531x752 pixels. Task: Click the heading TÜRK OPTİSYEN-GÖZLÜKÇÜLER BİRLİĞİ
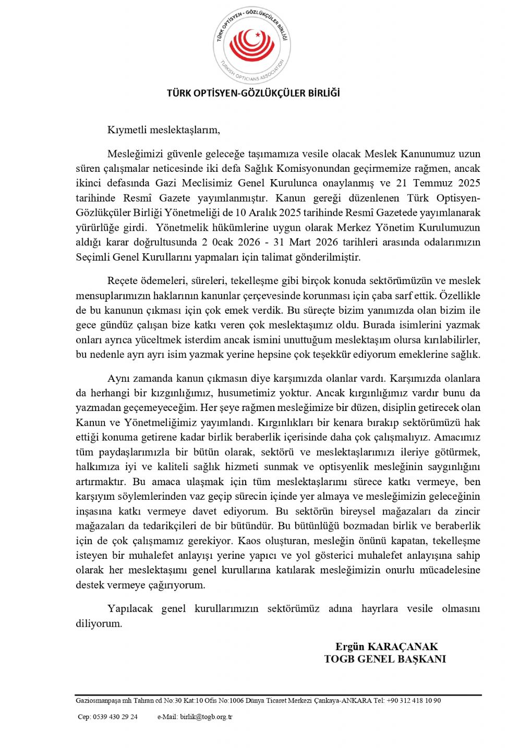coord(253,93)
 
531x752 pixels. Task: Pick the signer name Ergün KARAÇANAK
coord(387,647)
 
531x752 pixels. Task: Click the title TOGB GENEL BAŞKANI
coord(385,659)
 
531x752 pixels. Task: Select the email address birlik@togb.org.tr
coord(206,716)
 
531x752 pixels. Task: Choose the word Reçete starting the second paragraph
coord(123,280)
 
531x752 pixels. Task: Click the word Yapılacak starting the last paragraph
coord(129,608)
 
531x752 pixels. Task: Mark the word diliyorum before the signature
coord(99,624)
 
